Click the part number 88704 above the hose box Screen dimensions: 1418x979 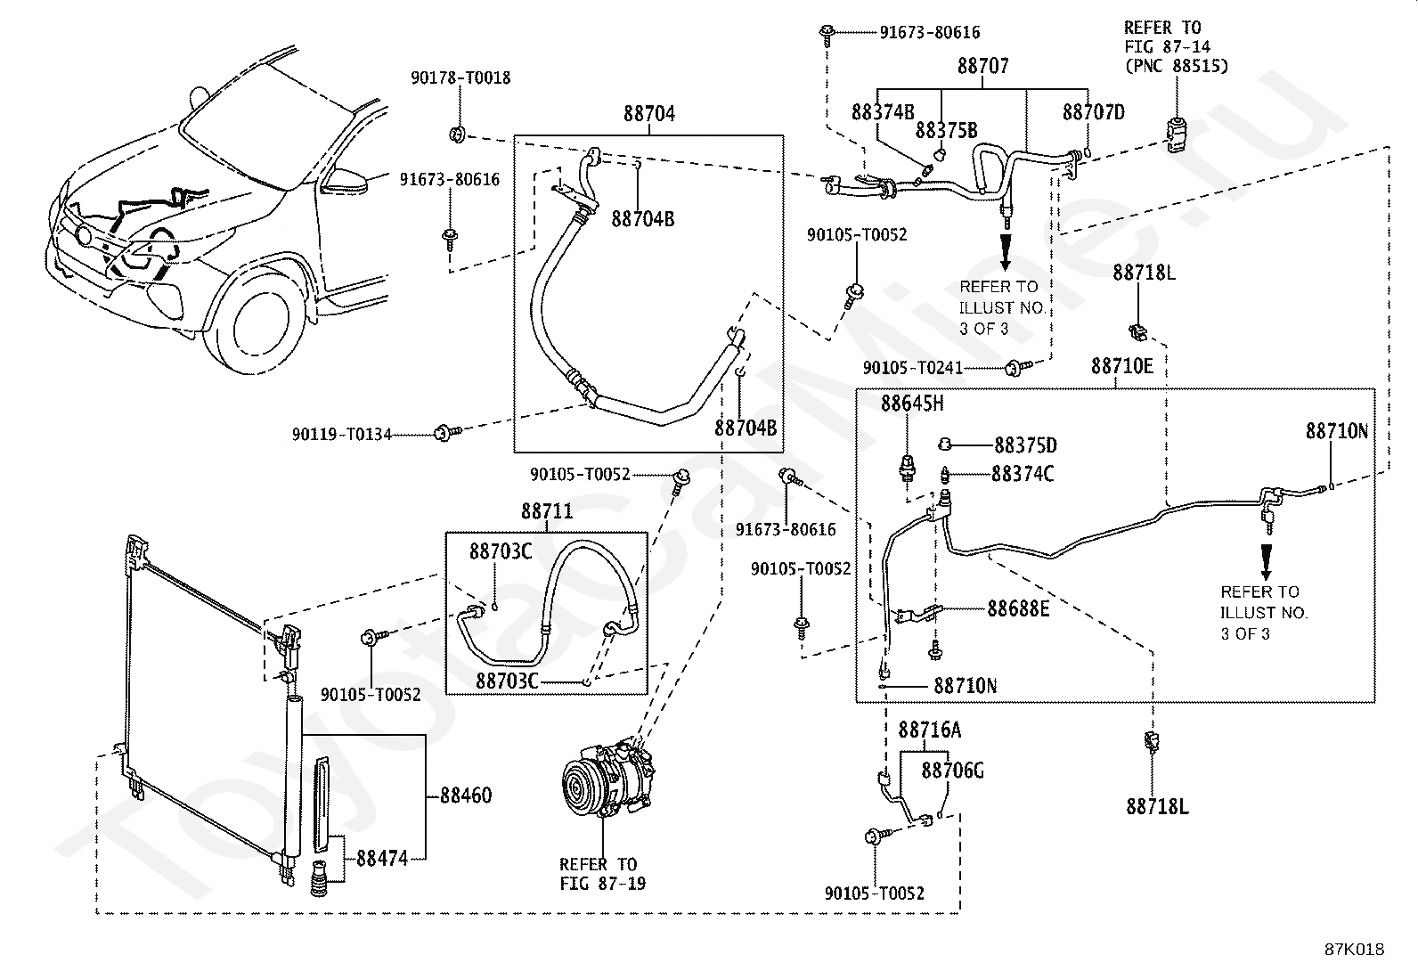(x=649, y=114)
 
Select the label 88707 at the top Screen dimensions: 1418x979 (x=983, y=66)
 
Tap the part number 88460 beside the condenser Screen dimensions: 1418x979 (x=466, y=795)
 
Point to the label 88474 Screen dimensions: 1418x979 (x=382, y=859)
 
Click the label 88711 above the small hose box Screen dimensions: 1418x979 (x=547, y=511)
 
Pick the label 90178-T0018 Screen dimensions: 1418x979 (x=460, y=78)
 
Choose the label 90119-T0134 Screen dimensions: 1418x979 (x=342, y=435)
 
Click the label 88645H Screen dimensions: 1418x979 (x=912, y=404)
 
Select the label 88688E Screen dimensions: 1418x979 (x=1019, y=609)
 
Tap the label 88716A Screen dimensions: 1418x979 (x=930, y=730)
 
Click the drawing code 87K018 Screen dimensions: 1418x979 (x=1354, y=950)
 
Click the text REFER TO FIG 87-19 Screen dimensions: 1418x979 (x=603, y=874)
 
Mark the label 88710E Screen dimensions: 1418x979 (x=1122, y=366)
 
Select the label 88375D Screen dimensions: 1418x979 (x=1025, y=445)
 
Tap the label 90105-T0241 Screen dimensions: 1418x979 (x=913, y=368)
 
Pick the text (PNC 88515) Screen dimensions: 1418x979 (x=1177, y=66)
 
